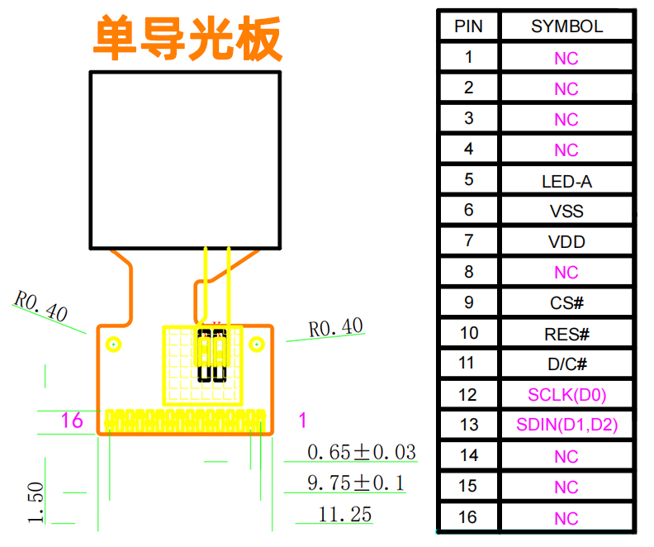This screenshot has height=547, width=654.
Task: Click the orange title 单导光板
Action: pyautogui.click(x=187, y=38)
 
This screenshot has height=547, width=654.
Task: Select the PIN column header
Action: pyautogui.click(x=468, y=26)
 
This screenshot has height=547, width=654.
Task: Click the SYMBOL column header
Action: pyautogui.click(x=566, y=26)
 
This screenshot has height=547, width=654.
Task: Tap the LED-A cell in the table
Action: pyautogui.click(x=566, y=181)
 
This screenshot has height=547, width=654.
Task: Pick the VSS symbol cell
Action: pyautogui.click(x=566, y=212)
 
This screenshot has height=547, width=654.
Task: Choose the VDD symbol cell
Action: pyautogui.click(x=566, y=242)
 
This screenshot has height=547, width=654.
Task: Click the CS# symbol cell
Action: pyautogui.click(x=566, y=303)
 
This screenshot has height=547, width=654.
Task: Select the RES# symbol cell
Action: pyautogui.click(x=566, y=334)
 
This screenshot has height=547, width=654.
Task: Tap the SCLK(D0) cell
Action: pyautogui.click(x=566, y=395)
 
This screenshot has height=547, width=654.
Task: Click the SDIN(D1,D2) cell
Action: pyautogui.click(x=566, y=426)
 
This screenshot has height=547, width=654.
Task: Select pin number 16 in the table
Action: pyautogui.click(x=468, y=517)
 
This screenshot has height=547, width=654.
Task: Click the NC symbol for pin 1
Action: pyautogui.click(x=566, y=59)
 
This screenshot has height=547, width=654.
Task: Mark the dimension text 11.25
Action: pyautogui.click(x=345, y=514)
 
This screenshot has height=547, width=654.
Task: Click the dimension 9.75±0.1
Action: pyautogui.click(x=356, y=483)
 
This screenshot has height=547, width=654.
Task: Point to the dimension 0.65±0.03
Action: pyautogui.click(x=361, y=452)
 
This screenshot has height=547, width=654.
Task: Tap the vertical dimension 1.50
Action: pyautogui.click(x=36, y=503)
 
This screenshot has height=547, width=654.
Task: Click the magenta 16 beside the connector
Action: pyautogui.click(x=72, y=421)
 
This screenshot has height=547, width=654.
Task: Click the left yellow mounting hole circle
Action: pyautogui.click(x=114, y=344)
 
